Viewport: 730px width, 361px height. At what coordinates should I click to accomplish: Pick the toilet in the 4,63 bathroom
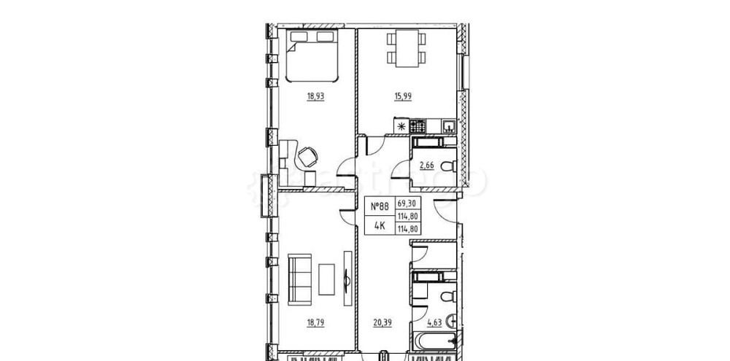tap(447, 297)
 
